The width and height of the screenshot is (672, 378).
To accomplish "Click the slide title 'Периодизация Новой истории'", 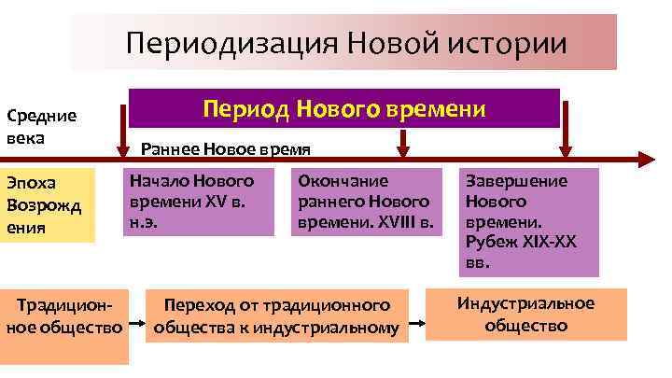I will [x=344, y=43].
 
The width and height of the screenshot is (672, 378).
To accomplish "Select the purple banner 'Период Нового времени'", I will [x=343, y=109].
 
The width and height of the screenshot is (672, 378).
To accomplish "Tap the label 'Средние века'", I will [x=41, y=126].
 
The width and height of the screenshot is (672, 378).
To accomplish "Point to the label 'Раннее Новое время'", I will [x=225, y=149].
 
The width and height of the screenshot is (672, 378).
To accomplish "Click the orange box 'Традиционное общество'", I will [x=64, y=316].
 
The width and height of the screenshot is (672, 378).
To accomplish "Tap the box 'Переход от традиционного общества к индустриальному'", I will [x=276, y=316].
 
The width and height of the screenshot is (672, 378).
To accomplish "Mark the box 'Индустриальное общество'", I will [x=526, y=315].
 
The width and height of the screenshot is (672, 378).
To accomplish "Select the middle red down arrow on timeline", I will [x=403, y=143].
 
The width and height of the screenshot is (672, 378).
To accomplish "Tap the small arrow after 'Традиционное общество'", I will [x=137, y=328].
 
